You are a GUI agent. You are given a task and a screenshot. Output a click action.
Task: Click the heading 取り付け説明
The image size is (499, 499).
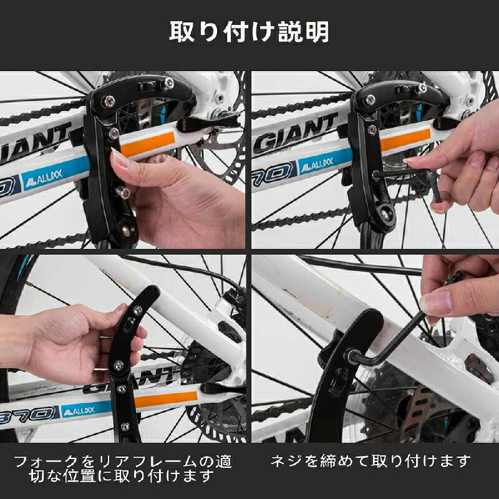pyautogui.click(x=249, y=32)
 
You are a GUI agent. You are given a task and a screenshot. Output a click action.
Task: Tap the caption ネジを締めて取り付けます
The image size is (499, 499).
pyautogui.click(x=371, y=461)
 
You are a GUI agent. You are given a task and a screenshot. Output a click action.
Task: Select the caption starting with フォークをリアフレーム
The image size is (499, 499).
pyautogui.click(x=122, y=468)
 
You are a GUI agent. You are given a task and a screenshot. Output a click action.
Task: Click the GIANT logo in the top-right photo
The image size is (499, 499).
pyautogui.click(x=295, y=133)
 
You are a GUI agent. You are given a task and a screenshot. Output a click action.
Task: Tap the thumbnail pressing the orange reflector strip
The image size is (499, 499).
pyautogui.click(x=119, y=158)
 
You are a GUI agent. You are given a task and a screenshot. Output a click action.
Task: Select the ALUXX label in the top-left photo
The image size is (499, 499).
pyautogui.click(x=44, y=178)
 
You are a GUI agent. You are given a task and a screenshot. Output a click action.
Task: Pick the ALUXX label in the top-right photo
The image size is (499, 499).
pyautogui.click(x=317, y=164)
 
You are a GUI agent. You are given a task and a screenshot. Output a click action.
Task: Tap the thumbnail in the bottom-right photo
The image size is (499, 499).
pyautogui.click(x=436, y=303)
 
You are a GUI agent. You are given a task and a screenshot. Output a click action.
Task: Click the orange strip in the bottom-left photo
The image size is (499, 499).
pyautogui.click(x=166, y=399)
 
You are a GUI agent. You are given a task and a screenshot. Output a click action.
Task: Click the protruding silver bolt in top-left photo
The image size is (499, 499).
pyautogui.click(x=122, y=193)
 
